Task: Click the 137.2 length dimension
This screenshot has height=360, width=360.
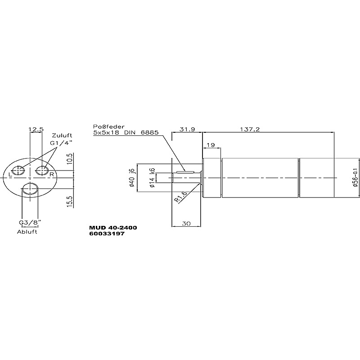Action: coord(250,130)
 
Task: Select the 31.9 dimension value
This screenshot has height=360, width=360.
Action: coord(187,130)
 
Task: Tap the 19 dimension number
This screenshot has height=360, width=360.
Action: coord(211,145)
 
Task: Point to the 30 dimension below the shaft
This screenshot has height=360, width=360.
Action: coord(186,223)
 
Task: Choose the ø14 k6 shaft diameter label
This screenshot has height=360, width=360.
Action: coord(152,178)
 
